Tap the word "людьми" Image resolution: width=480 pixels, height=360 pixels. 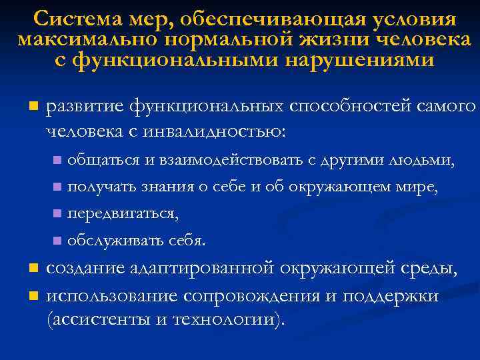click(425, 161)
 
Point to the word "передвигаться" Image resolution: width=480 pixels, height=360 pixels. click(123, 214)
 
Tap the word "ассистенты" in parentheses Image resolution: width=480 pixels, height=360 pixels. click(94, 318)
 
